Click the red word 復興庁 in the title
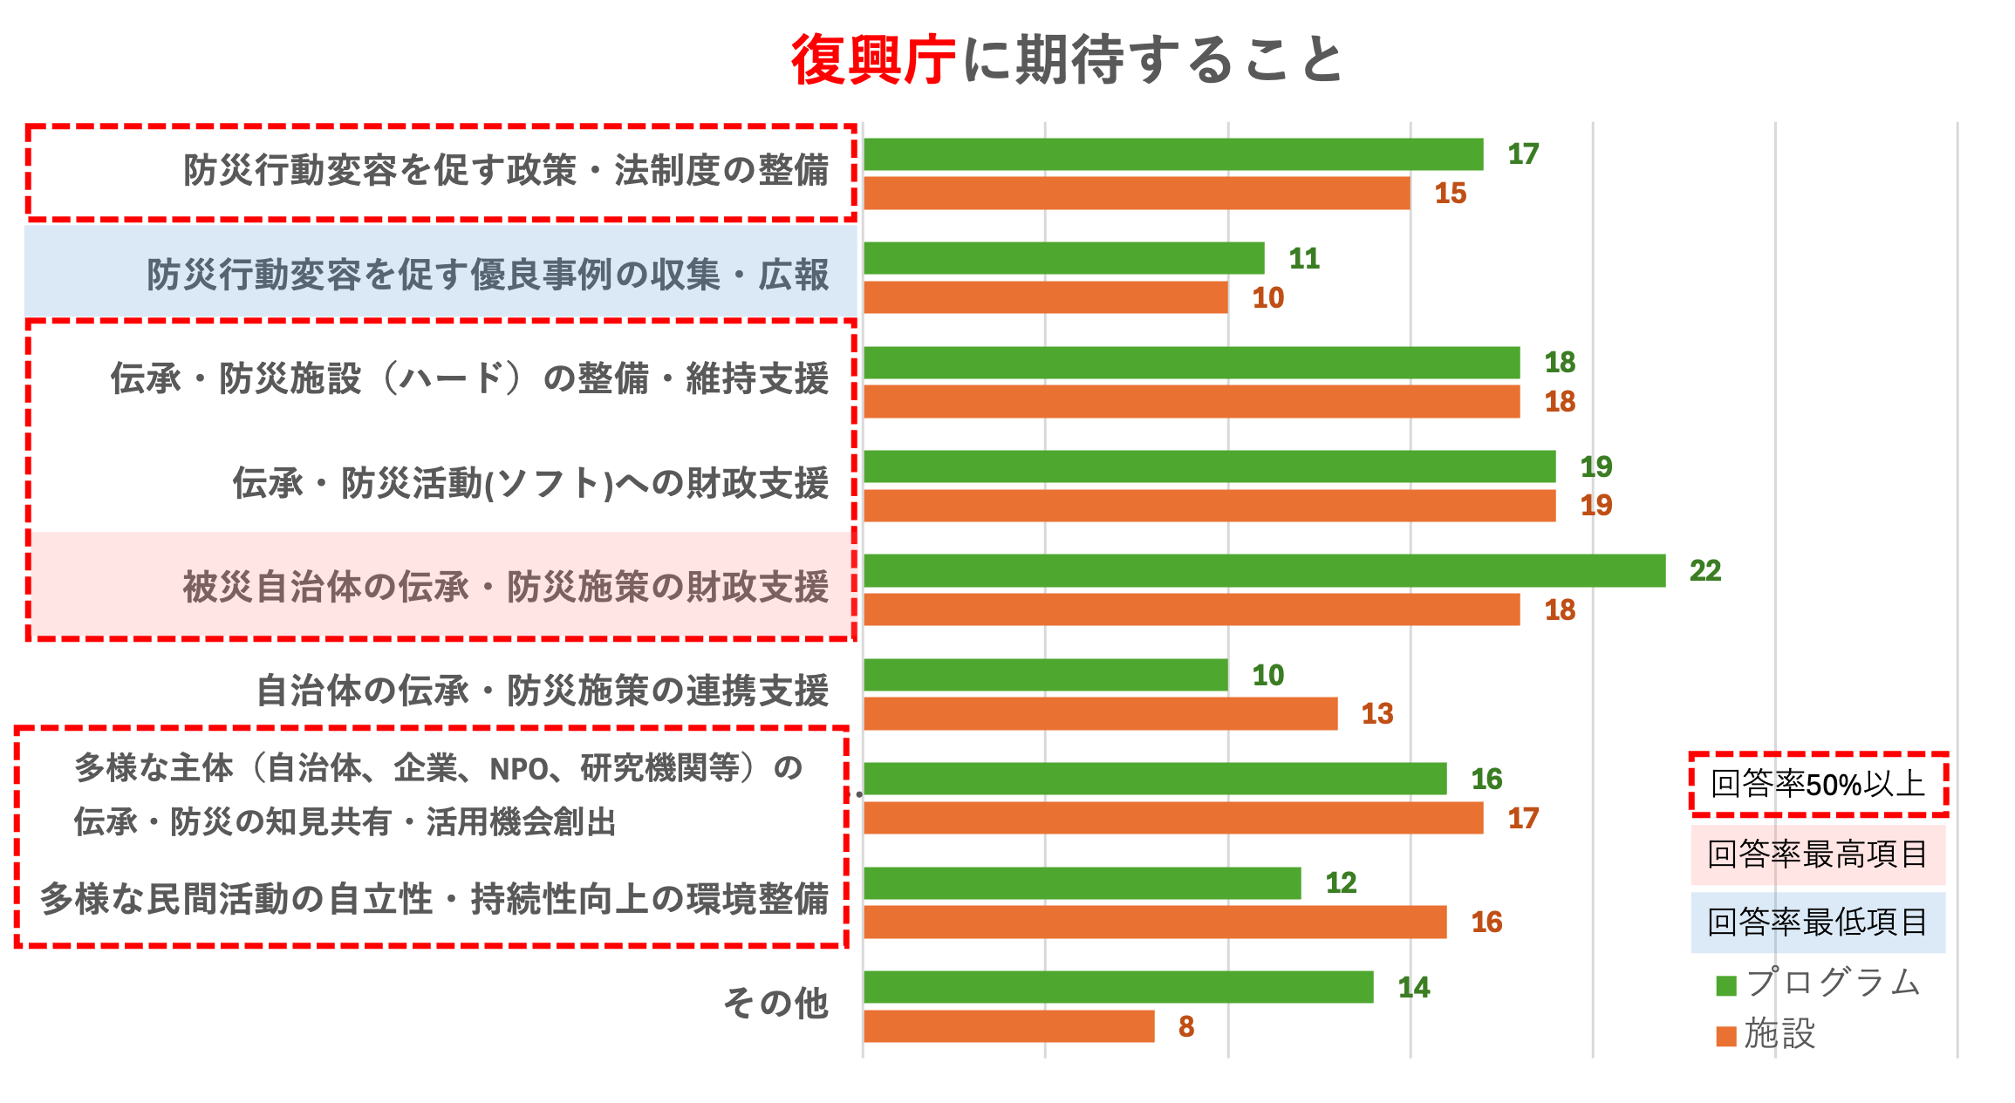pos(872,60)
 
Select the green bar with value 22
pos(1264,570)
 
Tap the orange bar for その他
pos(1008,1026)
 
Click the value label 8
pos(1185,1026)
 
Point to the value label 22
pos(1704,570)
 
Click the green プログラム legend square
pos(1726,985)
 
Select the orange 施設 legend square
pos(1726,1036)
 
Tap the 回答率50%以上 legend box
pos(1818,784)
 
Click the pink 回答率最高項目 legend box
pos(1818,854)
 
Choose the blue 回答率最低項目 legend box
pos(1818,922)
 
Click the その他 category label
pos(775,1003)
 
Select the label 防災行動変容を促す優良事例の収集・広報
pos(487,275)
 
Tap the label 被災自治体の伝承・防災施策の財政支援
pos(505,587)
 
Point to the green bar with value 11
pos(1063,258)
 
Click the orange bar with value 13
pos(1100,713)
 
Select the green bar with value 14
pos(1118,987)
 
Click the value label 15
pos(1450,194)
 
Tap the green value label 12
pos(1341,883)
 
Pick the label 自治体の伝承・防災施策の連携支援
pos(542,691)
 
